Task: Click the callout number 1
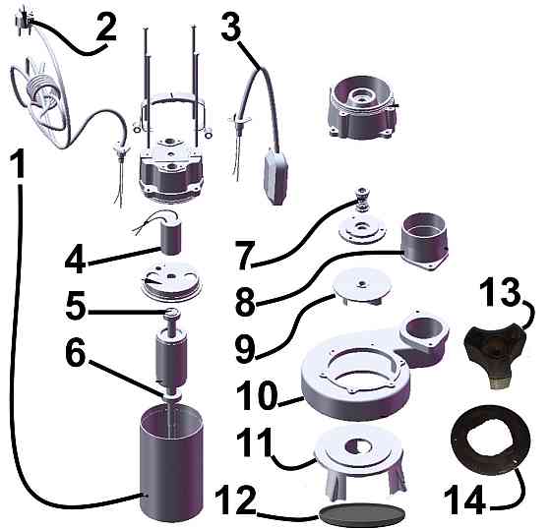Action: pyautogui.click(x=18, y=163)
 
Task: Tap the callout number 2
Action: pyautogui.click(x=106, y=28)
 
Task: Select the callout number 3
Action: pyautogui.click(x=231, y=27)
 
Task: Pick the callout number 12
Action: pyautogui.click(x=235, y=501)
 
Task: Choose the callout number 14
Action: pyautogui.click(x=464, y=501)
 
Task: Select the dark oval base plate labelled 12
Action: pyautogui.click(x=362, y=512)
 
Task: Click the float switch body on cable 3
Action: pyautogui.click(x=276, y=177)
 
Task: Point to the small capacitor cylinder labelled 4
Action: pyautogui.click(x=171, y=240)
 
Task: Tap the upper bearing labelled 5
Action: pyautogui.click(x=172, y=313)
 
